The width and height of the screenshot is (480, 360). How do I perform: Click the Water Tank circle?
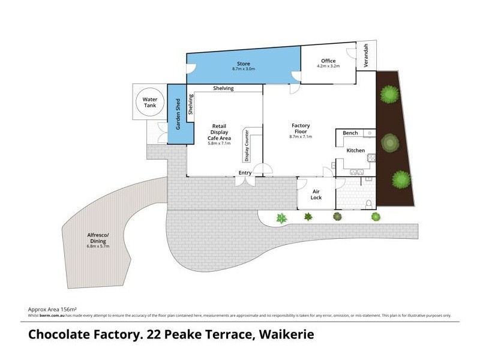(149, 102)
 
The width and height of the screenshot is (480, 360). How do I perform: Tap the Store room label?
(243, 64)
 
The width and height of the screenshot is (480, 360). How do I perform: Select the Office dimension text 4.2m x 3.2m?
(328, 67)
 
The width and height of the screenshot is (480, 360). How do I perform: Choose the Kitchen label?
(356, 150)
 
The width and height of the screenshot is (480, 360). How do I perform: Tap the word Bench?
(350, 133)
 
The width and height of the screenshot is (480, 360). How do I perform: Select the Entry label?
(245, 173)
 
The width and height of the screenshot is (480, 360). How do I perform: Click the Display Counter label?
(247, 146)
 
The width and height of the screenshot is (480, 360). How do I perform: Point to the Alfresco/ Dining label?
(96, 238)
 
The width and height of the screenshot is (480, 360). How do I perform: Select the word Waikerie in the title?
(286, 334)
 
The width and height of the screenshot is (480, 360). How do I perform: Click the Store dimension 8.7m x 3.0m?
(244, 70)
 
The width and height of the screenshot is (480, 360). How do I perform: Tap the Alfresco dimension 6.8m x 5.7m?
(96, 247)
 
